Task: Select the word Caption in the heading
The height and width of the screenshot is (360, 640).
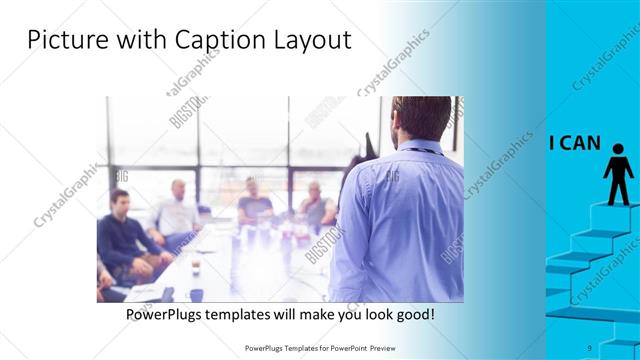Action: [213, 41]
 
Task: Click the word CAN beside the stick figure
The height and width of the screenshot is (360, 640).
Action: [581, 143]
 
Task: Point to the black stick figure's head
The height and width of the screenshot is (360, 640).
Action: [617, 149]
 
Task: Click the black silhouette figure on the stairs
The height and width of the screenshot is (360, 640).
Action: [617, 176]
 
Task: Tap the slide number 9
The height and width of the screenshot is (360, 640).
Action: [590, 347]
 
